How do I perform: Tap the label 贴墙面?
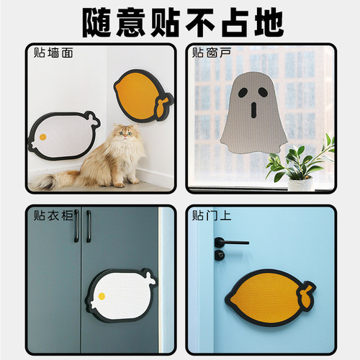point(53,53)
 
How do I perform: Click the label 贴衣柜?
point(53,215)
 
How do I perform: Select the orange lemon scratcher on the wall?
point(140,95)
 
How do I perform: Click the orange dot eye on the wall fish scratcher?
point(42,137)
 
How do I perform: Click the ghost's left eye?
point(242,91)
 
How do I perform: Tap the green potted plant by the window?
point(299,162)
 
